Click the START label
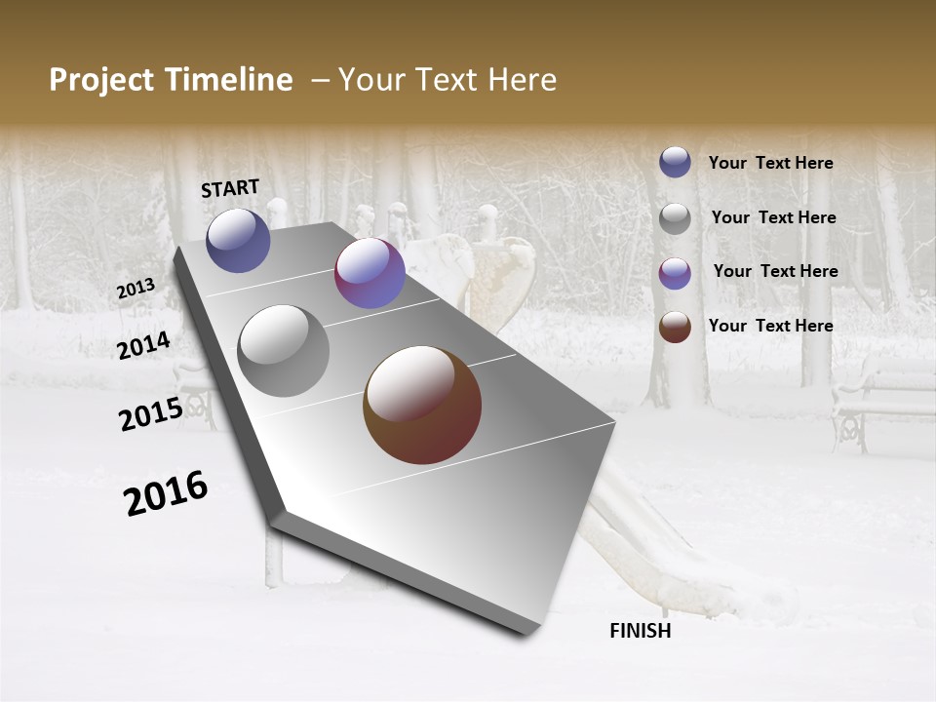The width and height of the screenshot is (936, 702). pos(230,188)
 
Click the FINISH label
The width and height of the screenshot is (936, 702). pos(640,631)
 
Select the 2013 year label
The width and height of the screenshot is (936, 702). pos(136,289)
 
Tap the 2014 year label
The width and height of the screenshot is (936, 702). pos(143,345)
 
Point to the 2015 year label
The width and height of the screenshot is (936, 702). pos(151,414)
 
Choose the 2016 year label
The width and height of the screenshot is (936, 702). pos(166,493)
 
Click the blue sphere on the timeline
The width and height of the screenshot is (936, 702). pos(238,241)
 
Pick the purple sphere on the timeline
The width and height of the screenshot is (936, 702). pos(370,273)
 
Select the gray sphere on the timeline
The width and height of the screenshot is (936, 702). pos(284,351)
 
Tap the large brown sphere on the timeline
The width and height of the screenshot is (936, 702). pos(422,405)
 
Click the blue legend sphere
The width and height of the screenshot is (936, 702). pos(675,162)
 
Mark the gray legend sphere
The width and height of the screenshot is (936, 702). pos(675,218)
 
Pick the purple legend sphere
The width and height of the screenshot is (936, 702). pos(675,273)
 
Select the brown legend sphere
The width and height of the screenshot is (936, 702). pos(675,327)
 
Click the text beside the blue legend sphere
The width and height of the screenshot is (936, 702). pos(770,163)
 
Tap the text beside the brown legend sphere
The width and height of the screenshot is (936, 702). pos(770,326)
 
